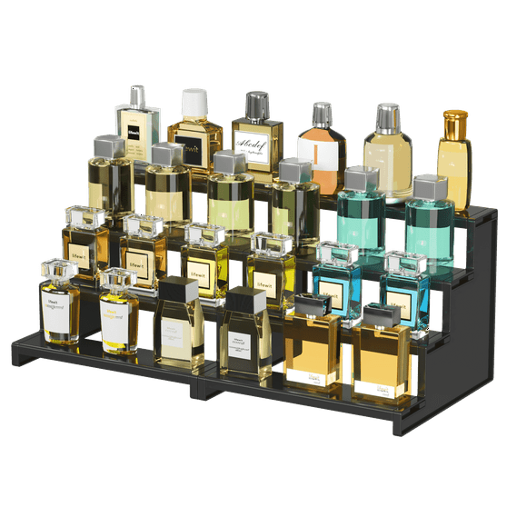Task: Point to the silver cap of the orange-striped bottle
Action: click(322, 114)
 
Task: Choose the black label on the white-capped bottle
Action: click(192, 144)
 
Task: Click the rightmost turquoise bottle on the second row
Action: click(429, 227)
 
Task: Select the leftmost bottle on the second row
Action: click(109, 182)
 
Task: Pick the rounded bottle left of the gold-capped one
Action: click(388, 154)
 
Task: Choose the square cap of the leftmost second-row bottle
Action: click(109, 145)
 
